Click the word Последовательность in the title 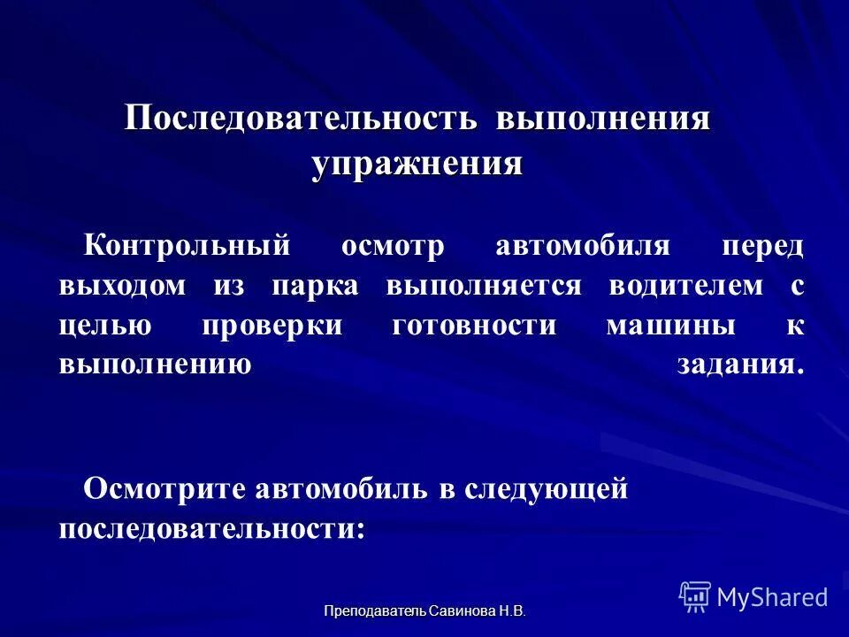pyautogui.click(x=302, y=118)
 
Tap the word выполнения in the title pyautogui.click(x=603, y=118)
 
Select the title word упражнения pyautogui.click(x=417, y=164)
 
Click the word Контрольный pyautogui.click(x=187, y=245)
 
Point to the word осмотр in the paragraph pyautogui.click(x=393, y=245)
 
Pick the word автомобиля pyautogui.click(x=583, y=245)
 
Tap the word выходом pyautogui.click(x=124, y=286)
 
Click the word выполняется pyautogui.click(x=484, y=286)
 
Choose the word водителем pyautogui.click(x=685, y=286)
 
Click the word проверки pyautogui.click(x=272, y=326)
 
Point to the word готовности pyautogui.click(x=474, y=326)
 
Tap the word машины pyautogui.click(x=670, y=326)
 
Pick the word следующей pyautogui.click(x=546, y=487)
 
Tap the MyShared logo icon pyautogui.click(x=695, y=597)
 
